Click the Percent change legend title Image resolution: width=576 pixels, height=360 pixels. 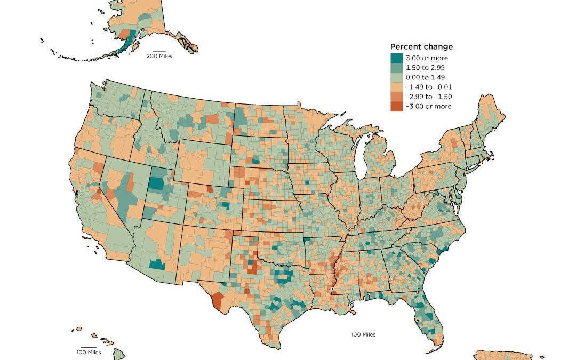coord(421,47)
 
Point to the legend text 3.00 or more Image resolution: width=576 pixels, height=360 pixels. coord(427,58)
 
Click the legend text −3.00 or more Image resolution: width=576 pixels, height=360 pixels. coord(429,106)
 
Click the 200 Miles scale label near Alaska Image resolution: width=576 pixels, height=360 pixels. coord(159,56)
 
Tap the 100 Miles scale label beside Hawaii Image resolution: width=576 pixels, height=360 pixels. coord(88,352)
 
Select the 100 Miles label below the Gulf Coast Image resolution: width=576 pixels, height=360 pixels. coord(363,334)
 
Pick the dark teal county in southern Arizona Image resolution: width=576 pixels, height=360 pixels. coord(157,264)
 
